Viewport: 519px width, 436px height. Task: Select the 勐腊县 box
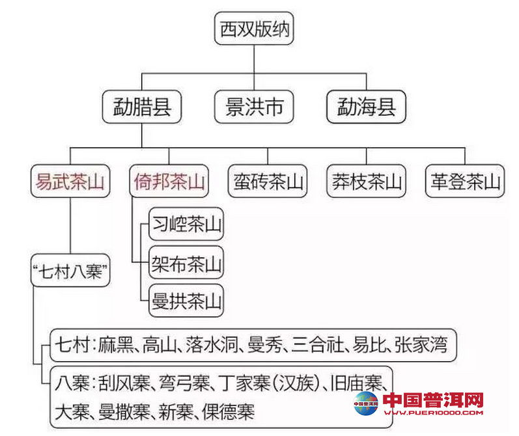coord(141,106)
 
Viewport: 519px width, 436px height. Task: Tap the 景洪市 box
coord(254,106)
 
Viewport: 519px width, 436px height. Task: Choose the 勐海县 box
coord(367,106)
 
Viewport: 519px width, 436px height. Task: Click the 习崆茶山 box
coord(186,225)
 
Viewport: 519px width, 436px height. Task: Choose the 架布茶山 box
coord(186,264)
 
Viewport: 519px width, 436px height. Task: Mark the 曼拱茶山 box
coord(186,301)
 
